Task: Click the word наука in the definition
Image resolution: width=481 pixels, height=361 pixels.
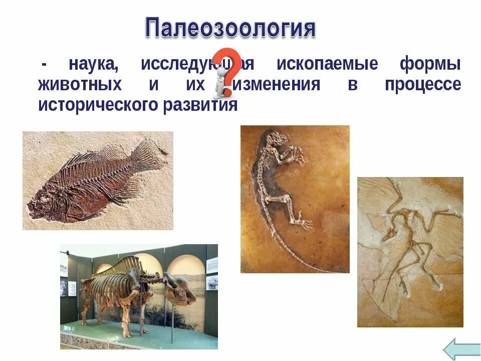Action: point(94,64)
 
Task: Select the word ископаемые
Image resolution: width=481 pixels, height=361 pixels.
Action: point(327,64)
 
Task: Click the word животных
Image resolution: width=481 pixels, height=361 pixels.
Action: point(80,84)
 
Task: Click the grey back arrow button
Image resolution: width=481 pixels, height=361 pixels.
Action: point(461,348)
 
